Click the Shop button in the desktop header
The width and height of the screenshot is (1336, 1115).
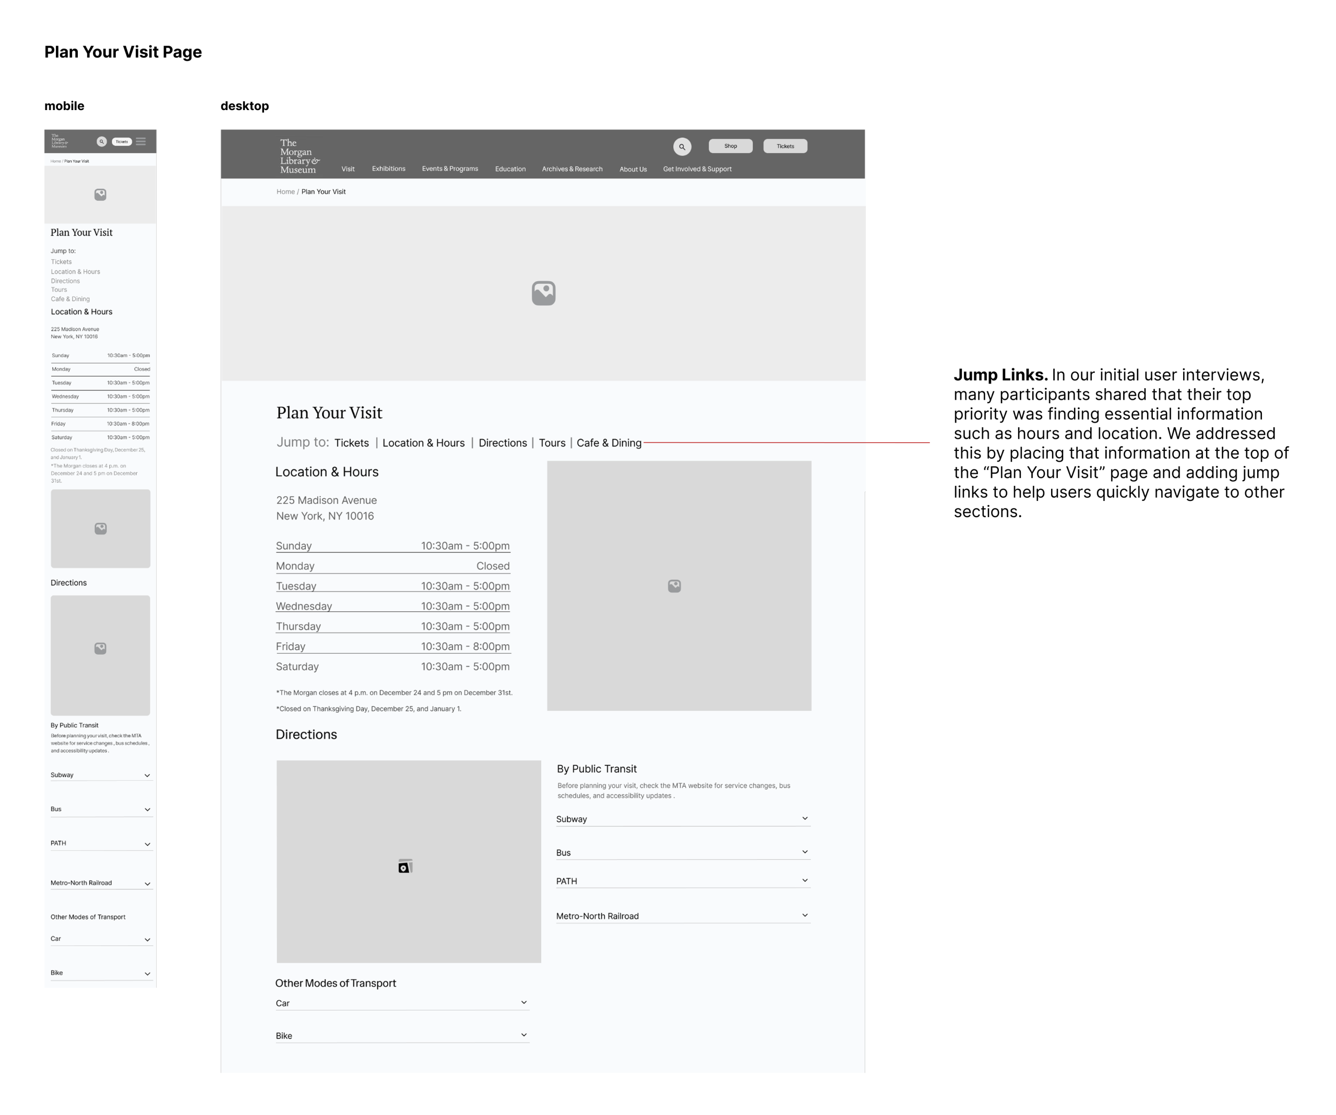click(730, 146)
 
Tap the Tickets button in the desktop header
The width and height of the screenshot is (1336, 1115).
click(785, 146)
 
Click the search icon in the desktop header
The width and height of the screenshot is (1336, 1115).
click(682, 147)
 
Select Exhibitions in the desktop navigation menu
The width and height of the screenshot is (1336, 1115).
click(389, 169)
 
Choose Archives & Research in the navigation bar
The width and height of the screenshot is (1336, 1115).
click(572, 169)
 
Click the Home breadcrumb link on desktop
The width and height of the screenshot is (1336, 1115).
click(285, 192)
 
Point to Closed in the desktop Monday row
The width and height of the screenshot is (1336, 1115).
click(493, 566)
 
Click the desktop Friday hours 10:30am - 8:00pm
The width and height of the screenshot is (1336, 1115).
click(465, 647)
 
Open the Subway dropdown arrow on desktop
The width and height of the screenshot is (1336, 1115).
click(805, 819)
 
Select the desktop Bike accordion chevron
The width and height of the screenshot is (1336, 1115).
click(523, 1035)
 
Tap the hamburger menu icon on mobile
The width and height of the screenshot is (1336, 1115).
click(140, 142)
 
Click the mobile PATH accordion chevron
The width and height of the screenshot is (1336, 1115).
click(147, 845)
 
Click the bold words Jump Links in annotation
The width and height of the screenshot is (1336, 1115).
click(1000, 375)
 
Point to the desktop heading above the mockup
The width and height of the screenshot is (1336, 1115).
click(244, 106)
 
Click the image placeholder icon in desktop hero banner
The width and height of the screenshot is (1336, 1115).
click(543, 293)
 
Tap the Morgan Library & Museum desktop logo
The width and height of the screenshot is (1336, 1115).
click(299, 157)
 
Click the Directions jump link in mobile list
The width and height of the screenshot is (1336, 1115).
click(66, 281)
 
